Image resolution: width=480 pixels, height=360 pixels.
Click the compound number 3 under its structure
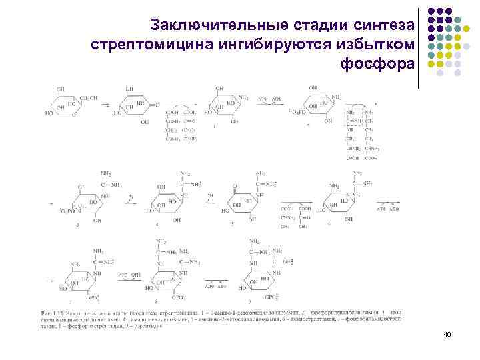[78, 225]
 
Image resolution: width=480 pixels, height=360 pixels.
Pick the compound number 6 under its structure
[329, 224]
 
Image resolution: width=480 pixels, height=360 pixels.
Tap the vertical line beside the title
[419, 47]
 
